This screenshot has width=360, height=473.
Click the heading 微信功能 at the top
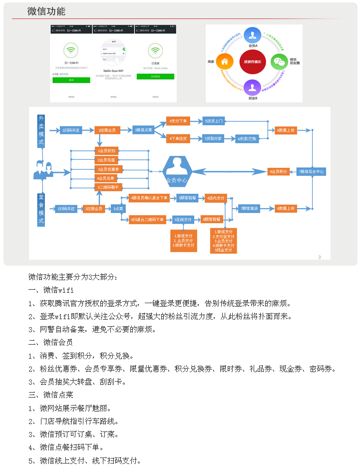coord(46,11)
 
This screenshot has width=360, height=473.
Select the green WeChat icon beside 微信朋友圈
coord(279,62)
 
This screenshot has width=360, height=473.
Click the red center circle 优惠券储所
coord(252,62)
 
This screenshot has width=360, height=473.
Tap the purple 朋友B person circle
coord(252,88)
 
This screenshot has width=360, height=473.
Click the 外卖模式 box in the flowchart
coord(41,131)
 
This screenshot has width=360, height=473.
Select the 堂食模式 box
coord(41,209)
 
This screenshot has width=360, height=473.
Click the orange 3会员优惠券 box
coord(108,169)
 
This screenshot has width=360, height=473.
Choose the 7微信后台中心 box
coord(312,171)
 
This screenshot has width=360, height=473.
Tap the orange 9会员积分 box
coord(279,171)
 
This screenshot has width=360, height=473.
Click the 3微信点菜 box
coord(144,130)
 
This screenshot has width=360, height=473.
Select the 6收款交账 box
coord(247,138)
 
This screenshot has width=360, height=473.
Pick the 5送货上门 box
coord(214,121)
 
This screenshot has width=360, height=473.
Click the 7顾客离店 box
coord(249,208)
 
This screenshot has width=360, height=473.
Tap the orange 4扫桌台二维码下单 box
coord(148,219)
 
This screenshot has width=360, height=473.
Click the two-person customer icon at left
coord(43,170)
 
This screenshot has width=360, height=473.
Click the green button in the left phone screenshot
coord(71,79)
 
